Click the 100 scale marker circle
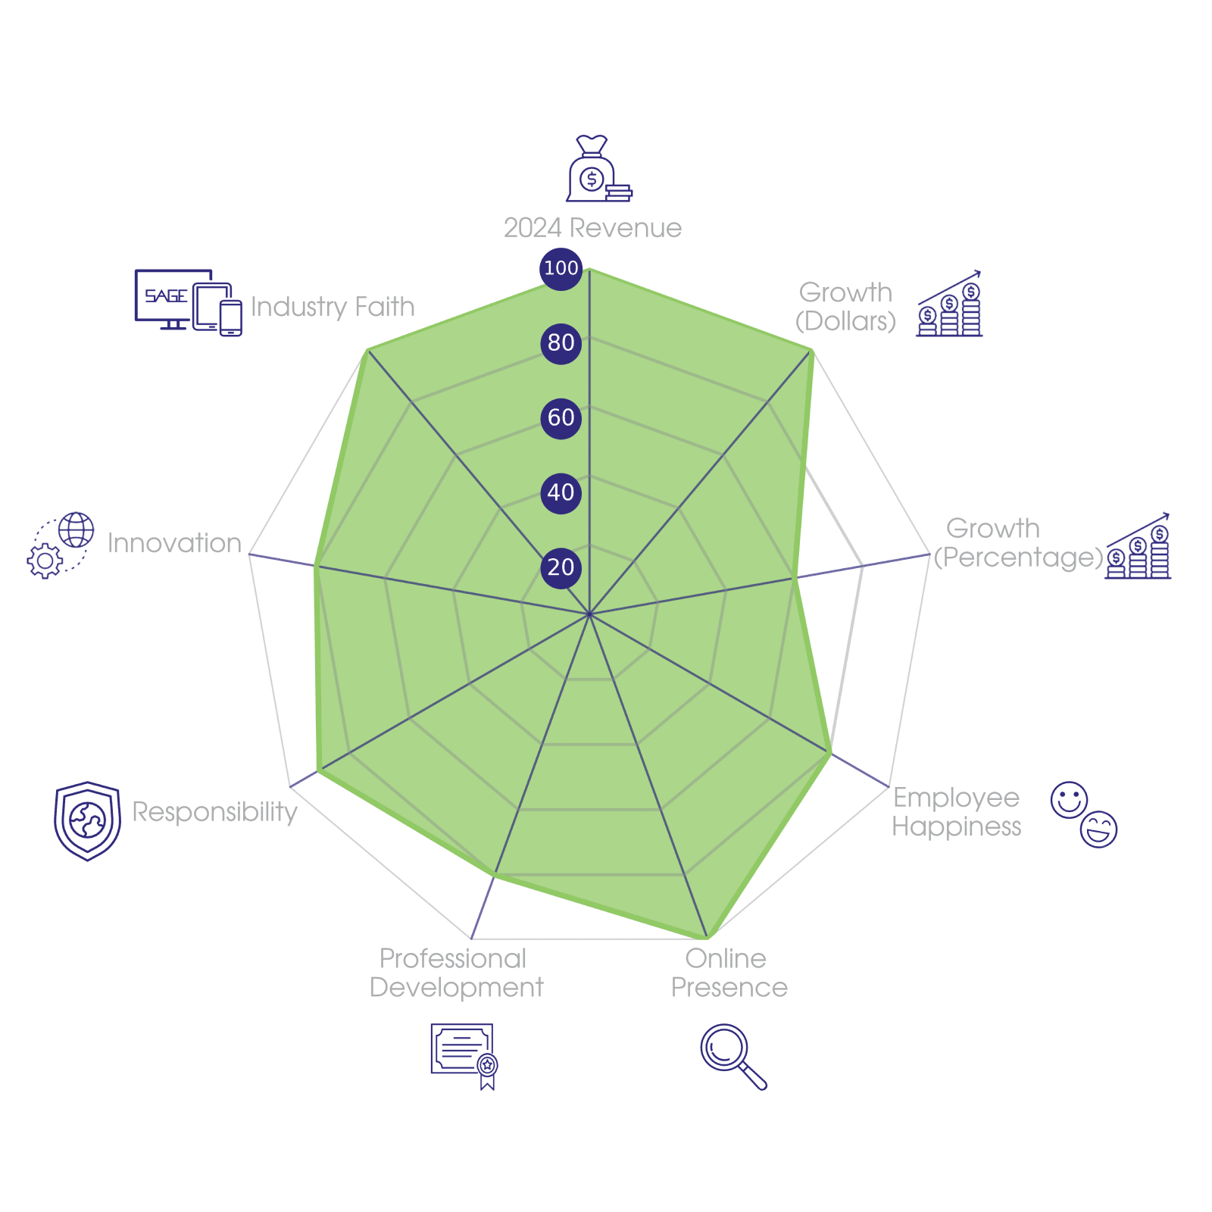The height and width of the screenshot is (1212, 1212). pos(561,268)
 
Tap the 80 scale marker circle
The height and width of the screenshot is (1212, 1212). pos(561,343)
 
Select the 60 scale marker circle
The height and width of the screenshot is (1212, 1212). pos(561,417)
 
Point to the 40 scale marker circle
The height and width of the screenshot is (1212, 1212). pos(561,492)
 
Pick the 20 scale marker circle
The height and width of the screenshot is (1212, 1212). pos(561,567)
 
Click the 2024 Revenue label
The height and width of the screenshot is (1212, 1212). pos(592,228)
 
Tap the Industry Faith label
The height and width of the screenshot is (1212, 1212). pos(333,307)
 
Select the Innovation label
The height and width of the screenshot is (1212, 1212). pos(174,543)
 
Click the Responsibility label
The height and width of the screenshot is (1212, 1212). pos(214,812)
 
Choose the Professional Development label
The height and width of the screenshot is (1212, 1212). pos(456,973)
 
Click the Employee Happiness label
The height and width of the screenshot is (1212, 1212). pos(956,812)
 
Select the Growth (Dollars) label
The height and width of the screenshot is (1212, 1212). pos(845,307)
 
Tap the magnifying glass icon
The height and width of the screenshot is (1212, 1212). pos(732,1056)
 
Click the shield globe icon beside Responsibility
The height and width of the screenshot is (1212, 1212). pos(87,820)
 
